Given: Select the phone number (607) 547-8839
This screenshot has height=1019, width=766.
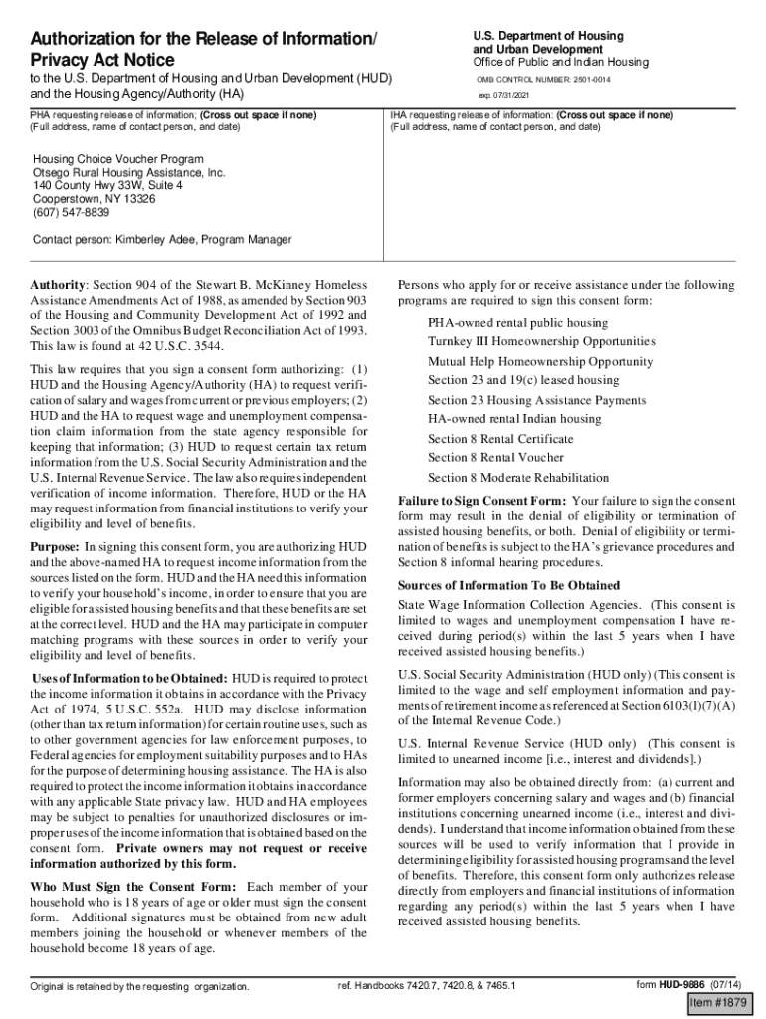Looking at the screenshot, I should pyautogui.click(x=72, y=212).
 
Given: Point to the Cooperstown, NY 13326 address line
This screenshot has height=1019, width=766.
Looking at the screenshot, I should pyautogui.click(x=95, y=199).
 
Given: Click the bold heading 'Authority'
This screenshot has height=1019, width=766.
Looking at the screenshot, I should pyautogui.click(x=59, y=285).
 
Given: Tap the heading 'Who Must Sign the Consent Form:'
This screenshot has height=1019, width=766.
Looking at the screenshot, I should pyautogui.click(x=134, y=886).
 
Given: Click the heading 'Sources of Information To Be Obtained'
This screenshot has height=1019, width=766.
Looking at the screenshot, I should pyautogui.click(x=508, y=585).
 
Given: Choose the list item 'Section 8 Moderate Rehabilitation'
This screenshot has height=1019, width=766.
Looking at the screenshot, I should pyautogui.click(x=518, y=477).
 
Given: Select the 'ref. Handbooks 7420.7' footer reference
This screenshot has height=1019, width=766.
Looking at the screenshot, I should pyautogui.click(x=427, y=987).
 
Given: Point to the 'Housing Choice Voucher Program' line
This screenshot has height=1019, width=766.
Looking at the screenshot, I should pyautogui.click(x=118, y=159).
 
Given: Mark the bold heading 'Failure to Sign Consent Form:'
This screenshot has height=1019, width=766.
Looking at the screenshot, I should pyautogui.click(x=482, y=501).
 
